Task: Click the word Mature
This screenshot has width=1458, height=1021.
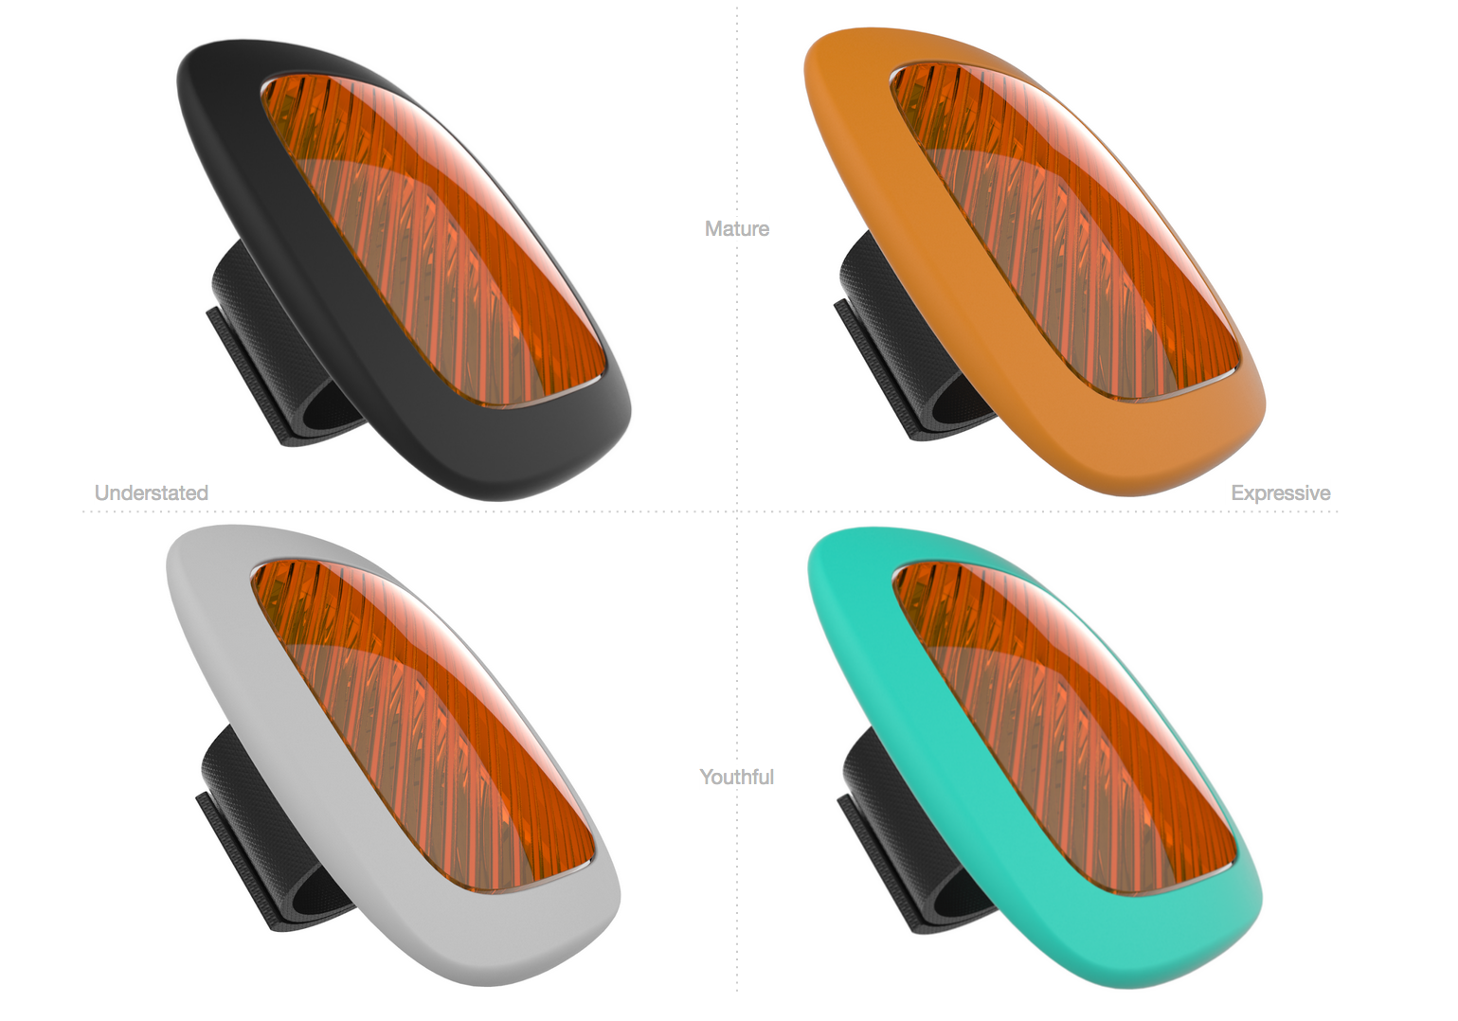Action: click(737, 229)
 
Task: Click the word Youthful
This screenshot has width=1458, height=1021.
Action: click(737, 777)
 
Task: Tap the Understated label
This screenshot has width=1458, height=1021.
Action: click(151, 493)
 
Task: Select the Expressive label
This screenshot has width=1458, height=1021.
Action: click(1280, 493)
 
